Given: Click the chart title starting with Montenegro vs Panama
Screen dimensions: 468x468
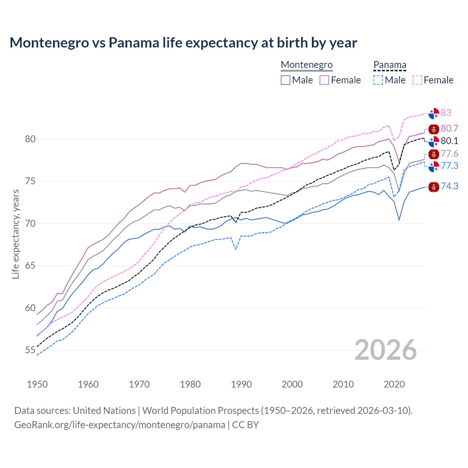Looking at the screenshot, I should click(183, 43).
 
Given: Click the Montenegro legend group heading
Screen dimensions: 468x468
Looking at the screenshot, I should click(306, 65).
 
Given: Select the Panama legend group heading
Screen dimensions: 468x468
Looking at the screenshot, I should click(389, 65).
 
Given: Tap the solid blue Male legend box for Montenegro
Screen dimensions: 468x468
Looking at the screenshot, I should click(286, 80).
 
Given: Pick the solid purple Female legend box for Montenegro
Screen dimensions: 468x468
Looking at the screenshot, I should click(324, 80).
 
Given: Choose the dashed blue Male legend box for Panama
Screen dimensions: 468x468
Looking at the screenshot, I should click(378, 80).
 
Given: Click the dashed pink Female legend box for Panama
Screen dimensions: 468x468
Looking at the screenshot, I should click(417, 80).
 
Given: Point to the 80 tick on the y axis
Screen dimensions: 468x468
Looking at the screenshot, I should click(30, 139).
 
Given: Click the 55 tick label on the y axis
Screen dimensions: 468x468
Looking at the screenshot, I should click(30, 350).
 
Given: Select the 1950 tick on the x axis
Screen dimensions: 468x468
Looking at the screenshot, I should click(37, 384).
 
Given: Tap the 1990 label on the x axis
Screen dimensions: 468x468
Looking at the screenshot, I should click(241, 384).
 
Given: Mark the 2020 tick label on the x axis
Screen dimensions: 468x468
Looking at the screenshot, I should click(394, 384).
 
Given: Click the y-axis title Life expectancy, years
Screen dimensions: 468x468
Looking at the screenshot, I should click(15, 234).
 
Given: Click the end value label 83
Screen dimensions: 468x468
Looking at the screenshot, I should click(446, 113).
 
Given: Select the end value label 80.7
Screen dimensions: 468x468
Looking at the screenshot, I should click(449, 128).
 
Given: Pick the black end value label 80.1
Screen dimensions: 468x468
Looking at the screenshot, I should click(449, 141).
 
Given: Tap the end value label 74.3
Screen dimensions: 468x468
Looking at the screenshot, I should click(449, 186).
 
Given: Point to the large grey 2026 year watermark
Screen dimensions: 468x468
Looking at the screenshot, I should click(385, 350).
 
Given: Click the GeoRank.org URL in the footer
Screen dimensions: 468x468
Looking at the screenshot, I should click(120, 425).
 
